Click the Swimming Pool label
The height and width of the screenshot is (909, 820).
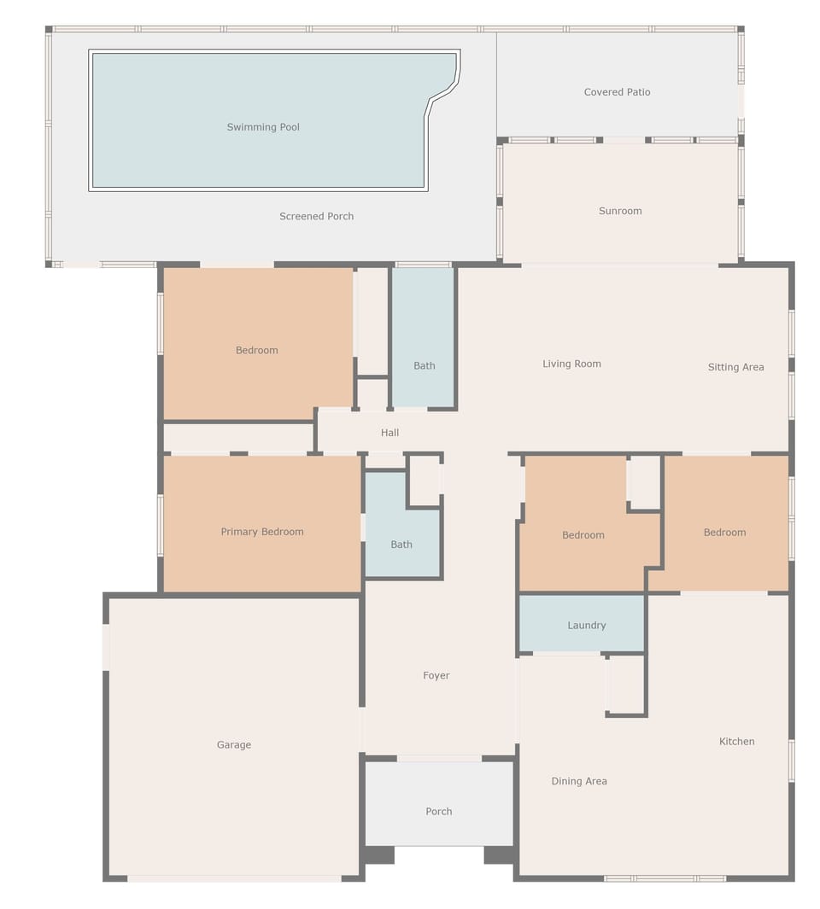263,127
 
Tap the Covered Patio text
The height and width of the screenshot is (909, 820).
617,92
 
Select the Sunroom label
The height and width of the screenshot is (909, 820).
620,211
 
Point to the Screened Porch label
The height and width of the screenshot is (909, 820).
316,216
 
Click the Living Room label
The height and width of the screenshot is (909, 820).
571,364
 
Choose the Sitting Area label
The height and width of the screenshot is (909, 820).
735,367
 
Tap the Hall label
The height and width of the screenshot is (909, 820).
389,433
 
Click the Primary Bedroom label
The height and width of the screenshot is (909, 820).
262,532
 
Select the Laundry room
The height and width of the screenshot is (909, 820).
587,625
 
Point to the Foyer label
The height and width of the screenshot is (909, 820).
436,675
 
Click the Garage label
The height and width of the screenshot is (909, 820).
233,744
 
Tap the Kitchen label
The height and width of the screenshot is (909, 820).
736,741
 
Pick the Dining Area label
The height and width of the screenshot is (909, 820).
579,781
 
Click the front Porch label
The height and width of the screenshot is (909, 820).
438,811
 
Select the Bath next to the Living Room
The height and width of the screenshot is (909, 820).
424,365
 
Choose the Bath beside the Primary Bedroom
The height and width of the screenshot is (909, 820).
401,544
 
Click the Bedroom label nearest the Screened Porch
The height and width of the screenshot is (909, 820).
256,350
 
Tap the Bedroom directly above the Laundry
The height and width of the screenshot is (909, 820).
583,535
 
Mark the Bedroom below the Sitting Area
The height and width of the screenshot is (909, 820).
724,532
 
